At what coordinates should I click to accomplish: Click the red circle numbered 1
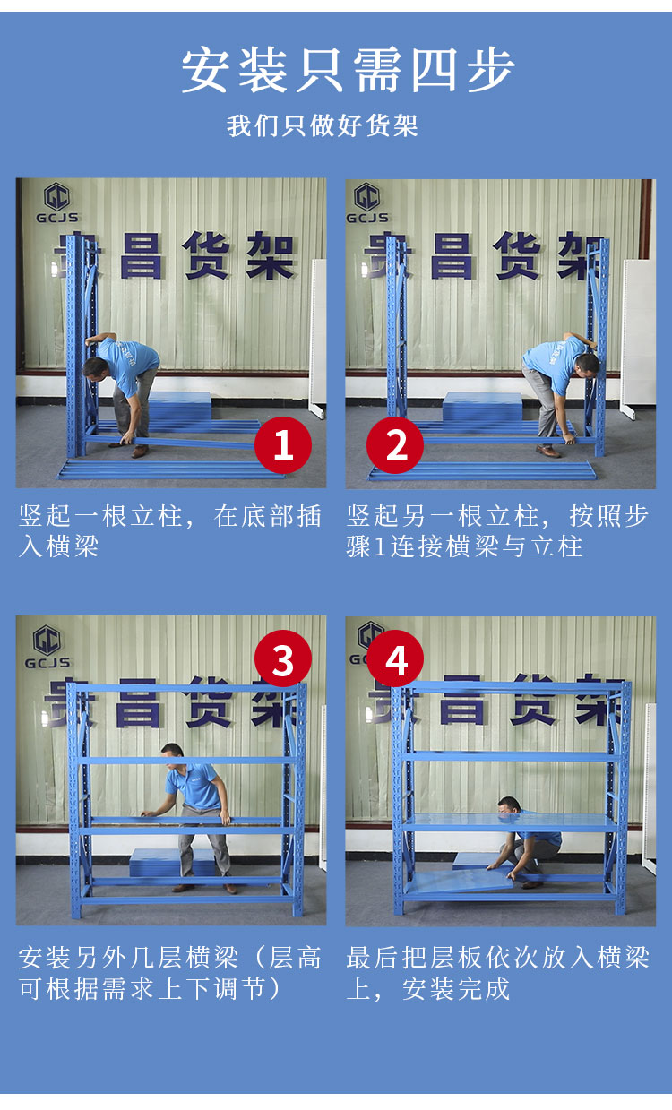[x=283, y=444]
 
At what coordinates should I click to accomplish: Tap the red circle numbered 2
[x=395, y=444]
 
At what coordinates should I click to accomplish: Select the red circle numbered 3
[x=283, y=658]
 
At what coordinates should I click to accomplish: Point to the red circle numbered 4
[x=395, y=658]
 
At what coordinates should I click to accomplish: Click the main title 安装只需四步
[x=348, y=70]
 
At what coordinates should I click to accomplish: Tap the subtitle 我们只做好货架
[x=323, y=125]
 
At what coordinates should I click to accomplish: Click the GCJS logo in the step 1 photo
[x=56, y=203]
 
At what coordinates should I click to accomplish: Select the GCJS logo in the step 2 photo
[x=366, y=203]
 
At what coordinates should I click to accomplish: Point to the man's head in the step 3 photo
[x=172, y=755]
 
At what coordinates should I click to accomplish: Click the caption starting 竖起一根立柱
[x=170, y=531]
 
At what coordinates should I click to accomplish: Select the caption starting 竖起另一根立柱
[x=497, y=531]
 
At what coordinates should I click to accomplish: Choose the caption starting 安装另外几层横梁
[x=170, y=973]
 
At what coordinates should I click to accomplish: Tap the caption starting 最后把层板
[x=497, y=973]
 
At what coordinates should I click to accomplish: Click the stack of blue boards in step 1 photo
[x=179, y=406]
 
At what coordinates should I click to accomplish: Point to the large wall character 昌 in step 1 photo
[x=142, y=255]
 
